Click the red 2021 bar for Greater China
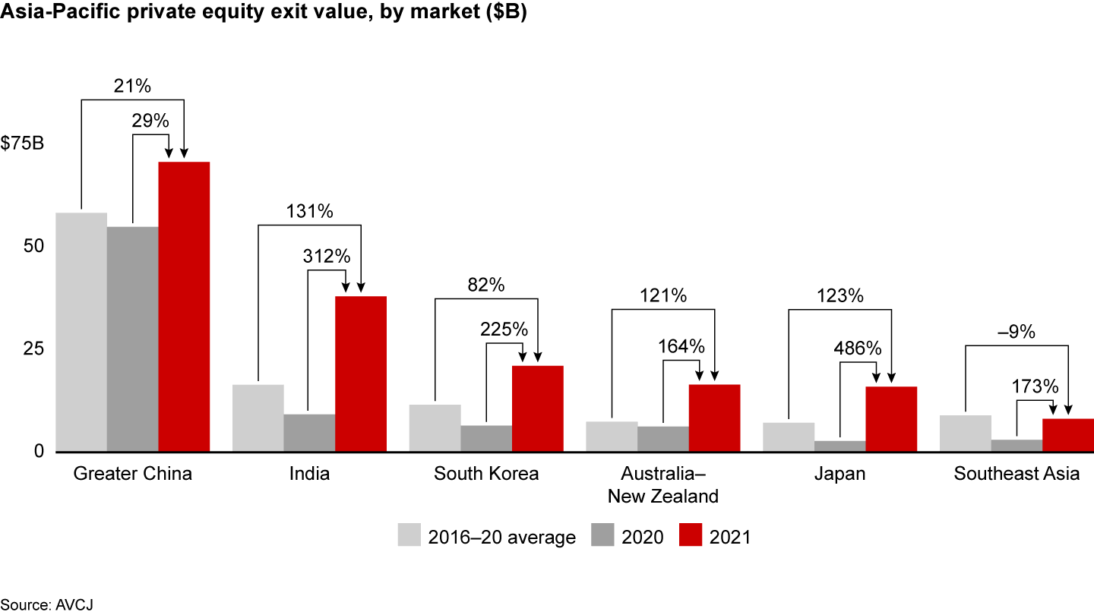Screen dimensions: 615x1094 pyautogui.click(x=184, y=307)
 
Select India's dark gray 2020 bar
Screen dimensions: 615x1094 pyautogui.click(x=309, y=433)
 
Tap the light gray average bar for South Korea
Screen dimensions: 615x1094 pyautogui.click(x=435, y=428)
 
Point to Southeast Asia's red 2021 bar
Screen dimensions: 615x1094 pyautogui.click(x=1068, y=435)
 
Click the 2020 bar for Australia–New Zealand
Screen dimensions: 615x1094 pyautogui.click(x=663, y=439)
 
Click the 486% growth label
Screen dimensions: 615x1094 pyautogui.click(x=858, y=348)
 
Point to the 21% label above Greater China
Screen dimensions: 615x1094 pyautogui.click(x=132, y=87)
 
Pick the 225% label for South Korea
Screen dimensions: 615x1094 pyautogui.click(x=503, y=329)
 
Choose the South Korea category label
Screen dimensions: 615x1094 pyautogui.click(x=486, y=474)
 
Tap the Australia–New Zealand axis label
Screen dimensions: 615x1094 pyautogui.click(x=663, y=485)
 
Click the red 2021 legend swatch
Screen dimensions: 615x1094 pyautogui.click(x=690, y=535)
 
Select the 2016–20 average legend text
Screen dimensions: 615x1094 pyautogui.click(x=501, y=537)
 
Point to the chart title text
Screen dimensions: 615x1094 pyautogui.click(x=263, y=15)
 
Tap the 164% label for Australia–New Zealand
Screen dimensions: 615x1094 pyautogui.click(x=681, y=346)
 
